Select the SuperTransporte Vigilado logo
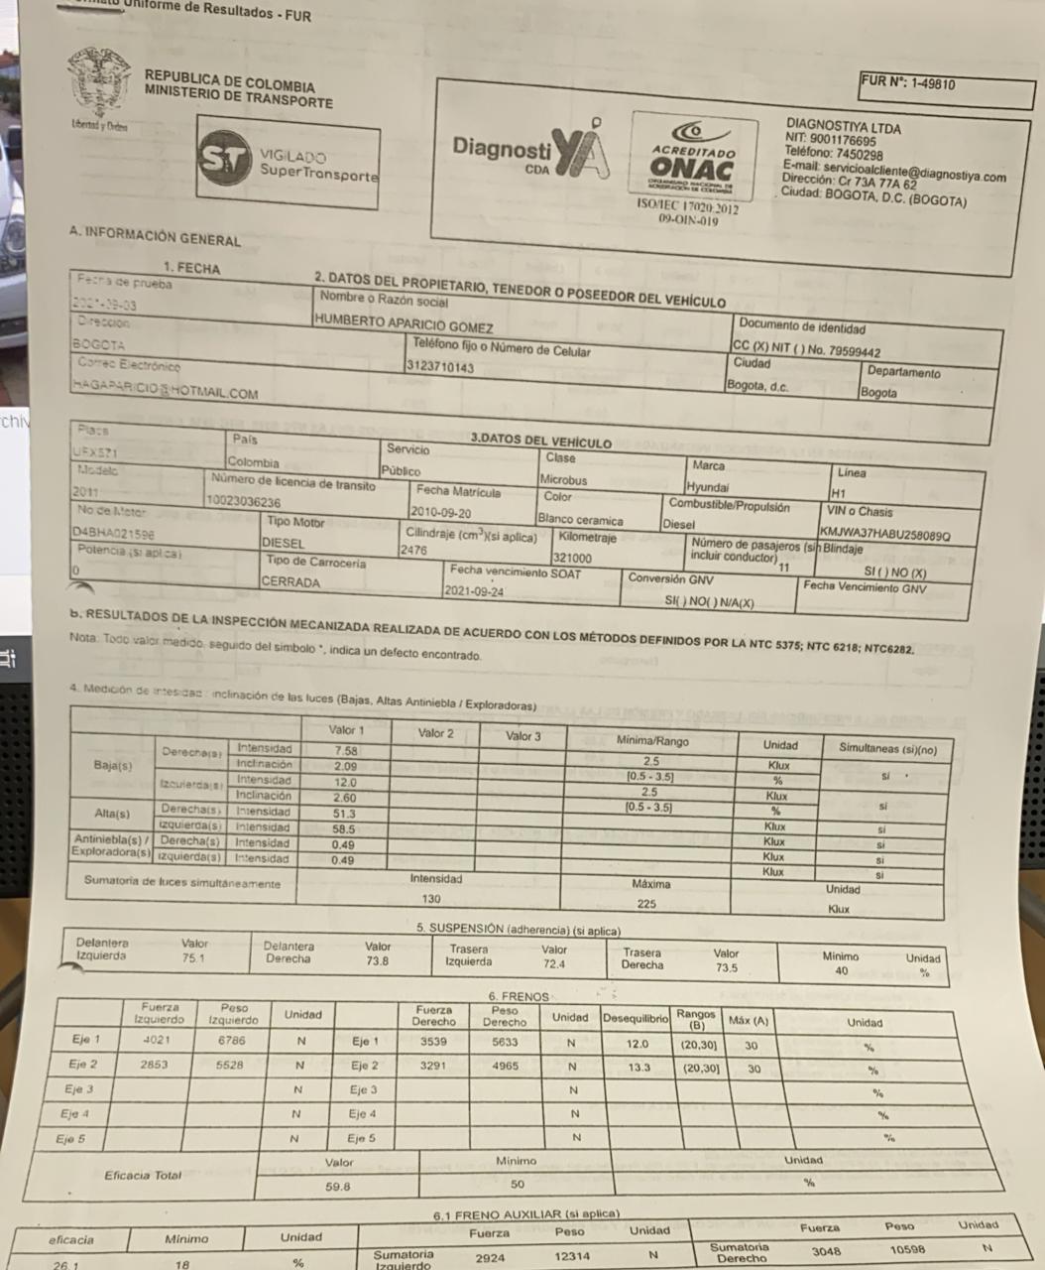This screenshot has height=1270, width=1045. (x=288, y=163)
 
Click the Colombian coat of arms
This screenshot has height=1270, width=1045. (x=99, y=84)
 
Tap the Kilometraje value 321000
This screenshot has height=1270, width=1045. (x=573, y=559)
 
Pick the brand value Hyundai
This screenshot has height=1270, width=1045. (x=707, y=487)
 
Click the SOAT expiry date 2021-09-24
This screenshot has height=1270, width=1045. (x=475, y=591)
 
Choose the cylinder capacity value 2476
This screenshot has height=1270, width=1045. (x=414, y=551)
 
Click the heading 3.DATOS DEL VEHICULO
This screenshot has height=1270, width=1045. (x=540, y=441)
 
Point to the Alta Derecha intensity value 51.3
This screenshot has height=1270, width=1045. (x=345, y=814)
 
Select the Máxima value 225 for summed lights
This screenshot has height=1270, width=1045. (x=646, y=904)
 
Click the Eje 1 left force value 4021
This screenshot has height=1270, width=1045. (x=158, y=1040)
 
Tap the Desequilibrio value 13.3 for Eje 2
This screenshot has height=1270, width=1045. (x=639, y=1068)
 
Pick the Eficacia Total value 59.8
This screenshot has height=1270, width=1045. (x=338, y=1186)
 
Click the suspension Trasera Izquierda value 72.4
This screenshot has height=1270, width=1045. (x=553, y=964)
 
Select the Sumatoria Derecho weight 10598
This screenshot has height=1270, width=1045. (x=908, y=1250)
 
